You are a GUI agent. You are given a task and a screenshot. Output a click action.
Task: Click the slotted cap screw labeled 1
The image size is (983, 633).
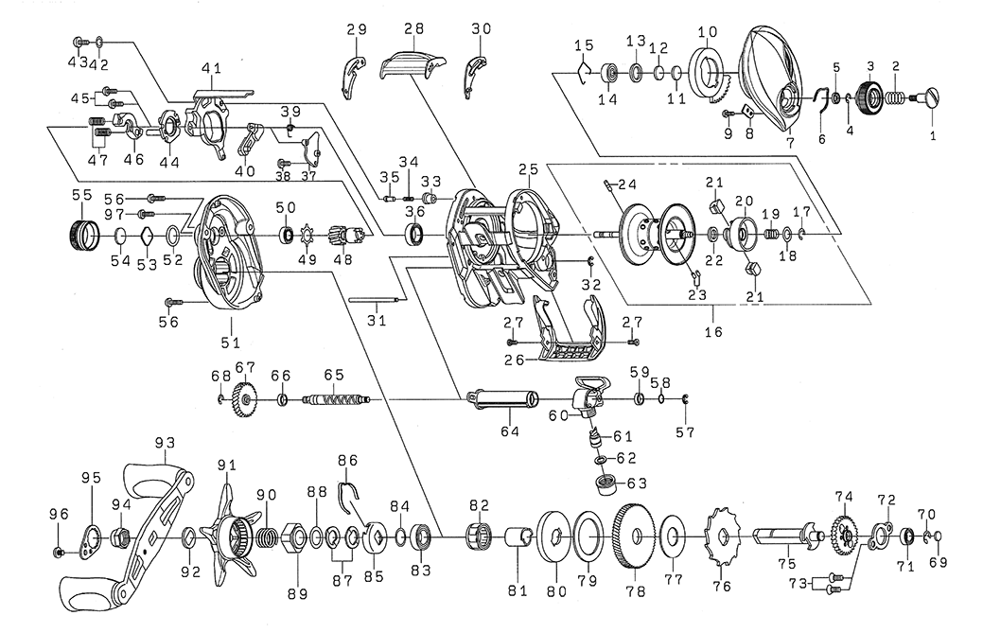tap(929, 97)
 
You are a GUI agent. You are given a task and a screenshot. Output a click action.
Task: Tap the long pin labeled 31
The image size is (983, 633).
tap(379, 302)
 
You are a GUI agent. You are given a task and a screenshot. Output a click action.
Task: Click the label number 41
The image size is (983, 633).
tap(211, 68)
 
